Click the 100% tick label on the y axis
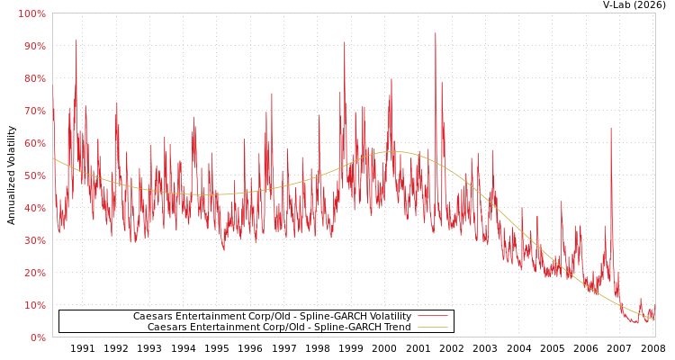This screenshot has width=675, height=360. [31, 14]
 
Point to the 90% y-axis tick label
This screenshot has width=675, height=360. [33, 47]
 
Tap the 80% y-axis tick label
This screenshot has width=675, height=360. [33, 79]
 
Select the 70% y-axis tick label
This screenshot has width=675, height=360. [33, 112]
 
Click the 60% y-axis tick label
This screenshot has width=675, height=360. [33, 144]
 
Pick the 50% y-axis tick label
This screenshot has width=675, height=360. [33, 176]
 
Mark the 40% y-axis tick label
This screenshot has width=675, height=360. [33, 209]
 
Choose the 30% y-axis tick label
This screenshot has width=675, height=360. [33, 241]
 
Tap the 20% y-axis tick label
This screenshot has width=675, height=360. [33, 274]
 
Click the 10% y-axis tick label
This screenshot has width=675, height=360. [33, 306]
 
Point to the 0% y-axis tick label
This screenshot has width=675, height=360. [37, 338]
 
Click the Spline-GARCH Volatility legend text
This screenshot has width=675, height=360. [272, 317]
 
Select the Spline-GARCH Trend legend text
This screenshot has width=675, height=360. [279, 328]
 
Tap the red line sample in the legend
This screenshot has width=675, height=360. [432, 317]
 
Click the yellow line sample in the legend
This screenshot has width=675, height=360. [432, 328]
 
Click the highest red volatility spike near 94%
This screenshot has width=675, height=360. [436, 34]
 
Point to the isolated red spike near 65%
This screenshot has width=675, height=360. [610, 129]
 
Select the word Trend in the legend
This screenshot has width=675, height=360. [396, 328]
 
